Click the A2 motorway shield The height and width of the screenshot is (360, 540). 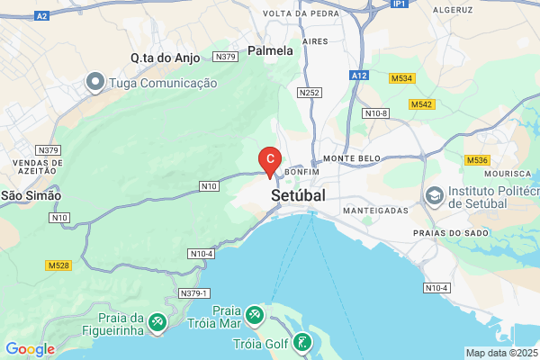tap(42, 16)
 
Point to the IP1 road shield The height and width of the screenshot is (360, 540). tap(400, 4)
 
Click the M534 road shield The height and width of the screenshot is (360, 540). tap(401, 79)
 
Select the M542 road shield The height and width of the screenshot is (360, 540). tap(421, 105)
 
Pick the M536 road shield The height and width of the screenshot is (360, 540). tap(477, 160)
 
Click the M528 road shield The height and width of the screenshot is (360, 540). tap(58, 265)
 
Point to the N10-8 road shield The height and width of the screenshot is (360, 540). tap(375, 113)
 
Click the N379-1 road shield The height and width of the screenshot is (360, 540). tap(194, 293)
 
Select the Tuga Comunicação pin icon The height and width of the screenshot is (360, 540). tap(95, 83)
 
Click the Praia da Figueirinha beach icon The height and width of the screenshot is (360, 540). tap(157, 321)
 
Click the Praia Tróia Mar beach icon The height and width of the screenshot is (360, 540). tap(255, 314)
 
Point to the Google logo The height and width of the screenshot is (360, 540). tap(30, 349)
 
